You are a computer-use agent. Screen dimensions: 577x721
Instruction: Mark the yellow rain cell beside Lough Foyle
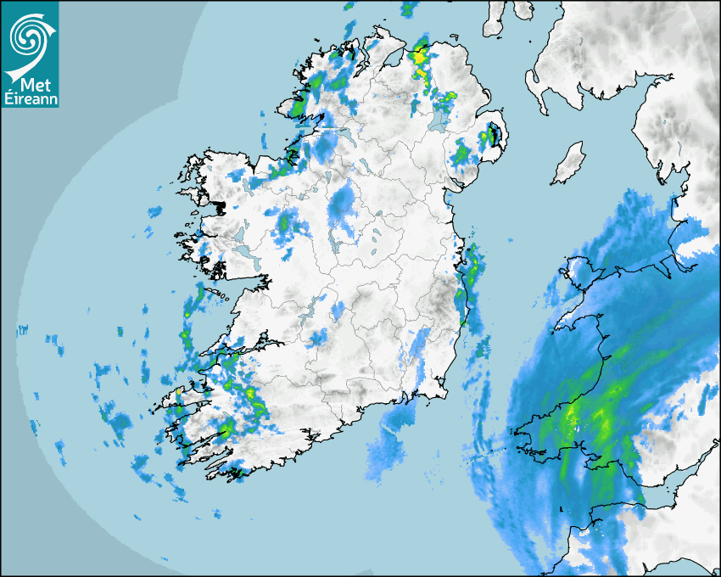point(418,58)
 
